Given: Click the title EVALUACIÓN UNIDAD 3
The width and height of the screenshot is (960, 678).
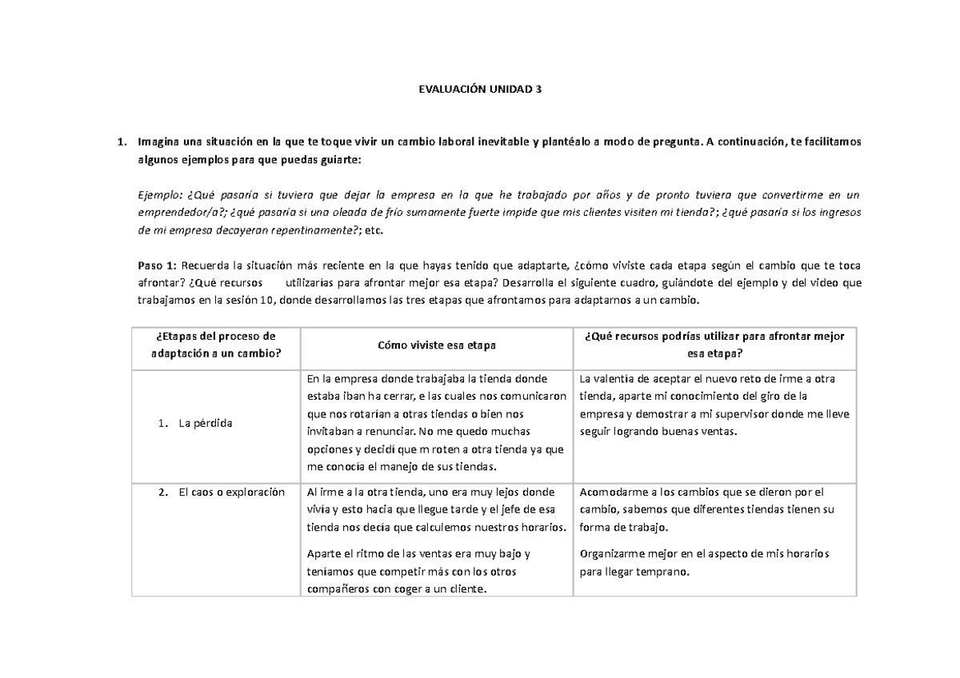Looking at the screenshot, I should coord(480,90).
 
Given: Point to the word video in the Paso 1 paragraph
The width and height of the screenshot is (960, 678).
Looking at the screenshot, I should coord(818,283).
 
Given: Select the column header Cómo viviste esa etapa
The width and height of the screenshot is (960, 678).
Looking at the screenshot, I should coord(436,345).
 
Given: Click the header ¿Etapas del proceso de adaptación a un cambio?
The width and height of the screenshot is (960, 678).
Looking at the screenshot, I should coord(216,345).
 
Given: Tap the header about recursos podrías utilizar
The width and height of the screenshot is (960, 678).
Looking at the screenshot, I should coord(715,345).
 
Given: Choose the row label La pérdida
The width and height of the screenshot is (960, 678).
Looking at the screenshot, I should coord(206,423).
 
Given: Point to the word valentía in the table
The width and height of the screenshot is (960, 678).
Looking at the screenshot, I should coord(612,379).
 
